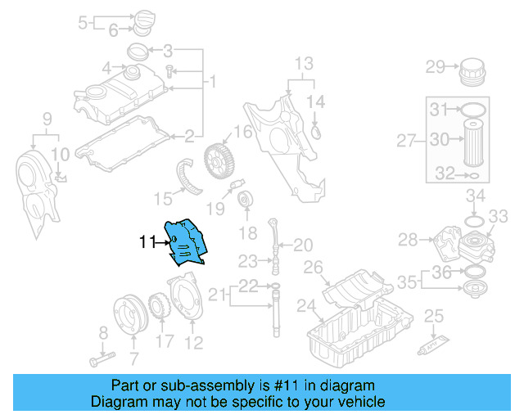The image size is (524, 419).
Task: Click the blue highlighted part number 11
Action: [x=184, y=242]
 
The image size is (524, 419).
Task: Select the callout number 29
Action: [x=435, y=66]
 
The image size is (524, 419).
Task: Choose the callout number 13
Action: [x=304, y=63]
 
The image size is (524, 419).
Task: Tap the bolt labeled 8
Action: [x=97, y=358]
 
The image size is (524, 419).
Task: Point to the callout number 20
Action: [x=303, y=244]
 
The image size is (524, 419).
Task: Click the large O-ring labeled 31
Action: [x=474, y=109]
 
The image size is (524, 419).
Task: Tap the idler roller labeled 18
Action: [x=243, y=201]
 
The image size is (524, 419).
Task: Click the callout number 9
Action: [x=47, y=118]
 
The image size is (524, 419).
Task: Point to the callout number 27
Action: [x=407, y=141]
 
